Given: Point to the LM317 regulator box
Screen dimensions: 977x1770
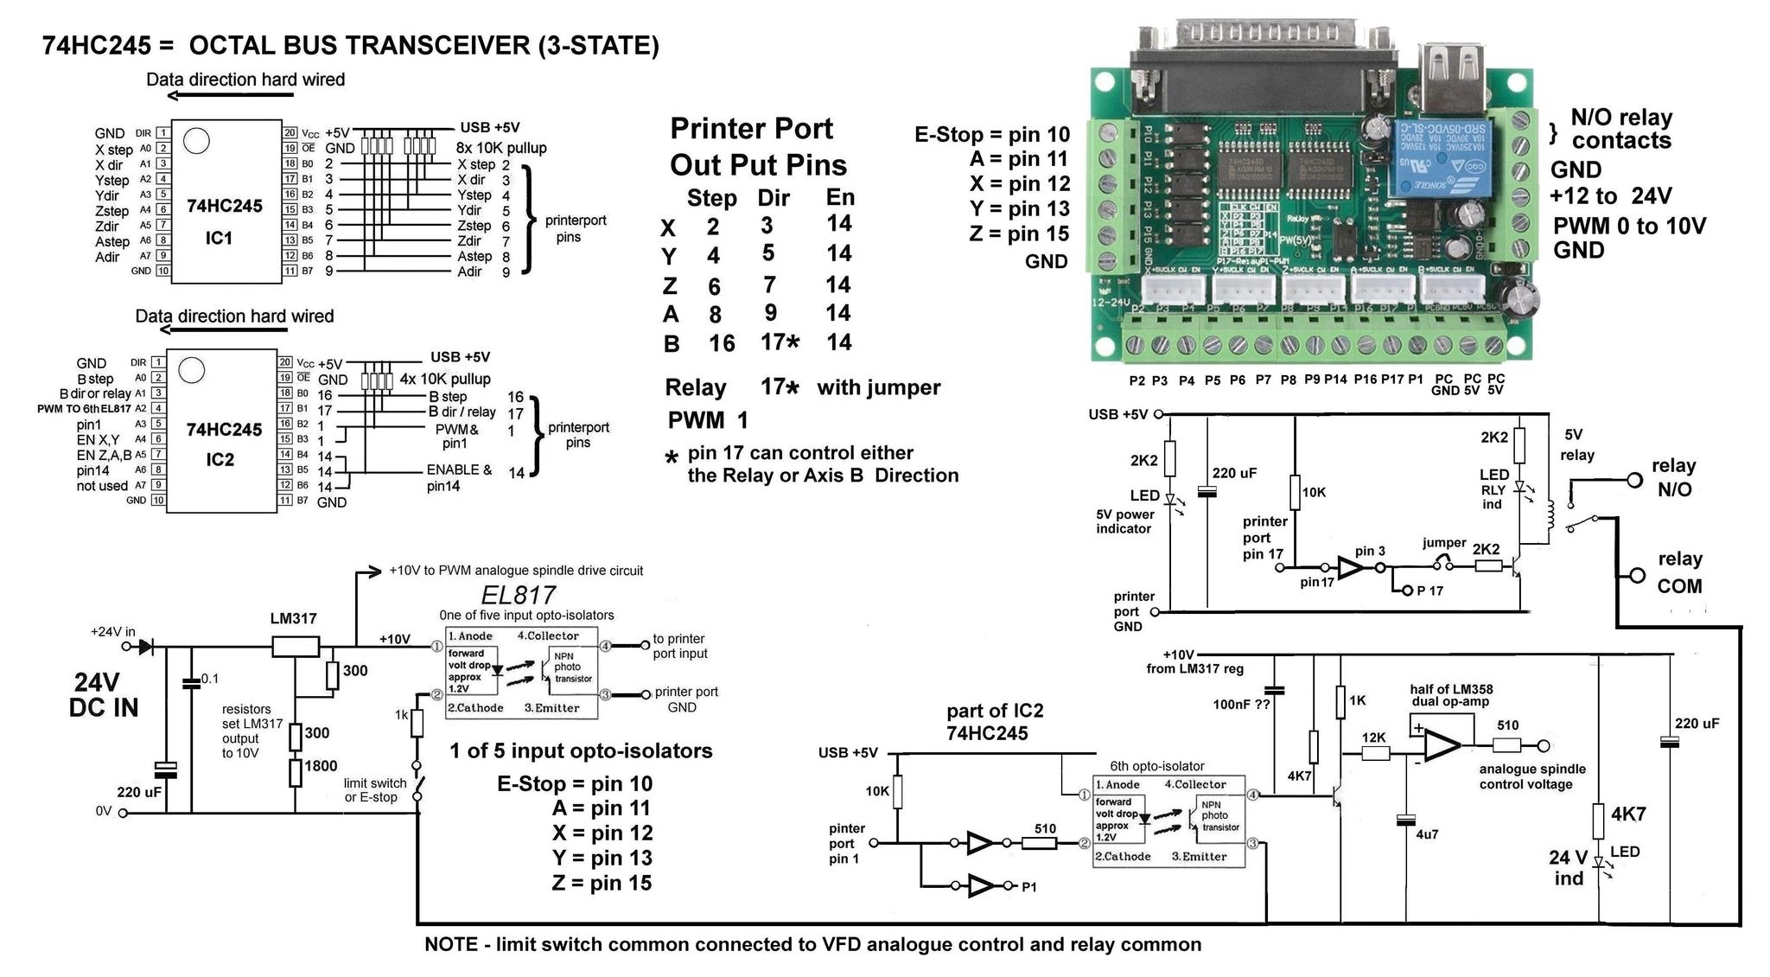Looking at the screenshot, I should (295, 646).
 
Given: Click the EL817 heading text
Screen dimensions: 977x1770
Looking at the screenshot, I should (519, 596).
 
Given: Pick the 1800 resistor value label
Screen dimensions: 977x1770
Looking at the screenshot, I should (321, 766).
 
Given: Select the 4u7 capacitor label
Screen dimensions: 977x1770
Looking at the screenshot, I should (1427, 834).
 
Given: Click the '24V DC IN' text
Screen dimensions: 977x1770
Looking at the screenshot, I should (104, 695).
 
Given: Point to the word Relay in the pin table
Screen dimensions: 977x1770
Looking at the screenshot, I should (696, 387).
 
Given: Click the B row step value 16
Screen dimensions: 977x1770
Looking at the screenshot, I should (722, 343).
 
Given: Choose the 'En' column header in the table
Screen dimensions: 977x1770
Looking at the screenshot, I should (840, 197).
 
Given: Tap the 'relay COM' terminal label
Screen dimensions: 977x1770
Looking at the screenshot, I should (1679, 572).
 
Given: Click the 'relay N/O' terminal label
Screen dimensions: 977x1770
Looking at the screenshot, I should (1674, 477).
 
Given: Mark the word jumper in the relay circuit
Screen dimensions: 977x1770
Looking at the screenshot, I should (1444, 543).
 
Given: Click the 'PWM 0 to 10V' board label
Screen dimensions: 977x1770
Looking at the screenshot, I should (1629, 227).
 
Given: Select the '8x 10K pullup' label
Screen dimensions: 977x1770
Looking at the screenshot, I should (501, 148).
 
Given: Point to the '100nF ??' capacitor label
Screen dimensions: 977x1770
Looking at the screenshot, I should (1241, 704).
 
